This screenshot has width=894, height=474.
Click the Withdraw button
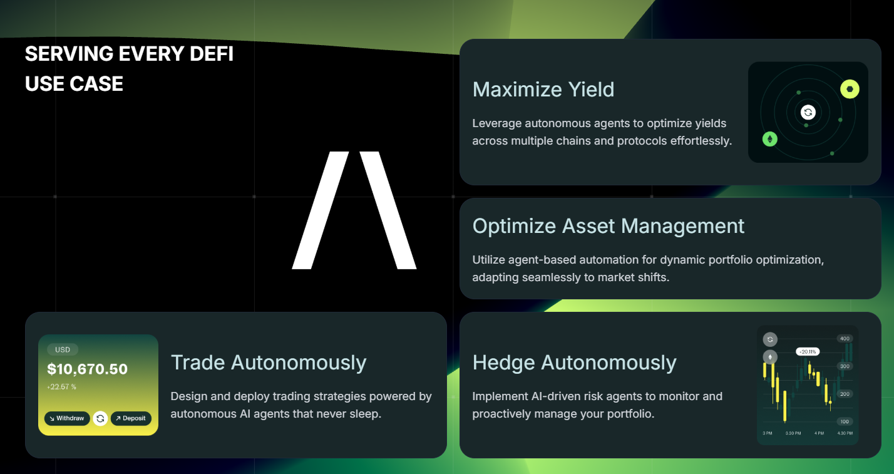click(x=67, y=418)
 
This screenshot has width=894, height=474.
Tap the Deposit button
click(x=131, y=418)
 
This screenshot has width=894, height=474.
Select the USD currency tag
click(x=63, y=349)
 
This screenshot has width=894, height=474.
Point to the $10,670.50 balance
click(x=87, y=369)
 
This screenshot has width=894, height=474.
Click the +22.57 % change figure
click(x=61, y=387)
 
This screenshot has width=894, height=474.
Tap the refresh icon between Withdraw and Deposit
click(x=100, y=418)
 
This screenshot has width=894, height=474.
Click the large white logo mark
click(x=354, y=210)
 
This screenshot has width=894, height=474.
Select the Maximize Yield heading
click(x=543, y=90)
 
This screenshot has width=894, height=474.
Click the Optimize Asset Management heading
click(x=608, y=226)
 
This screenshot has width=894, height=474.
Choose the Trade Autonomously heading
click(x=268, y=363)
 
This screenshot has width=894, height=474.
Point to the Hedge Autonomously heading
click(x=574, y=363)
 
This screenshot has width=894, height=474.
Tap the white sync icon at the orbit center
click(x=808, y=113)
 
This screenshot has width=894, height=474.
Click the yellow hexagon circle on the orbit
click(x=850, y=90)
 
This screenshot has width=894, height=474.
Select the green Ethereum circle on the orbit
click(x=769, y=139)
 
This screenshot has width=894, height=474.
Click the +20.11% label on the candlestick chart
click(x=808, y=352)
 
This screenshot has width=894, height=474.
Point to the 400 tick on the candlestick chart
click(x=845, y=339)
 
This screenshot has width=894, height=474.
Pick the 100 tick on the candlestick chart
click(x=845, y=421)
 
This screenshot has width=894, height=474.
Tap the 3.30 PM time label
click(x=794, y=433)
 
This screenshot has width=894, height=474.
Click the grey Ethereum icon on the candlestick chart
click(x=770, y=357)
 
